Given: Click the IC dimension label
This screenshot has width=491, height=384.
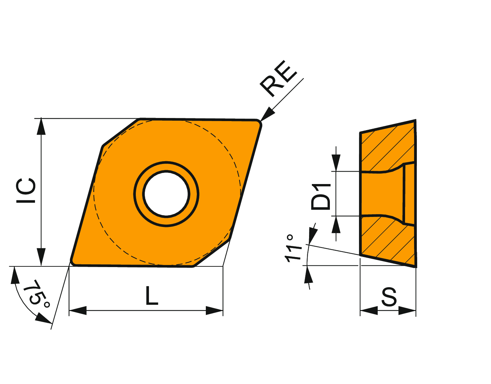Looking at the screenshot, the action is coord(26,191).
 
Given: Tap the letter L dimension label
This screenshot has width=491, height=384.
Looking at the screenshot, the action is coord(152,295).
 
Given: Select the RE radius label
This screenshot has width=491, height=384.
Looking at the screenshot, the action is coord(278,79).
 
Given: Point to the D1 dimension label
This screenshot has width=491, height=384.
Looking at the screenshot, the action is coord(321,196).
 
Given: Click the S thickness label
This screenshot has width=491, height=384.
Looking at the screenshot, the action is coord(389,296).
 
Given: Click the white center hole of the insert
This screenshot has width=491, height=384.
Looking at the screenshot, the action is coord(166,194).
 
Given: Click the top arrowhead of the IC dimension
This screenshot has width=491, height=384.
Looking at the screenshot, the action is coord(41,126).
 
